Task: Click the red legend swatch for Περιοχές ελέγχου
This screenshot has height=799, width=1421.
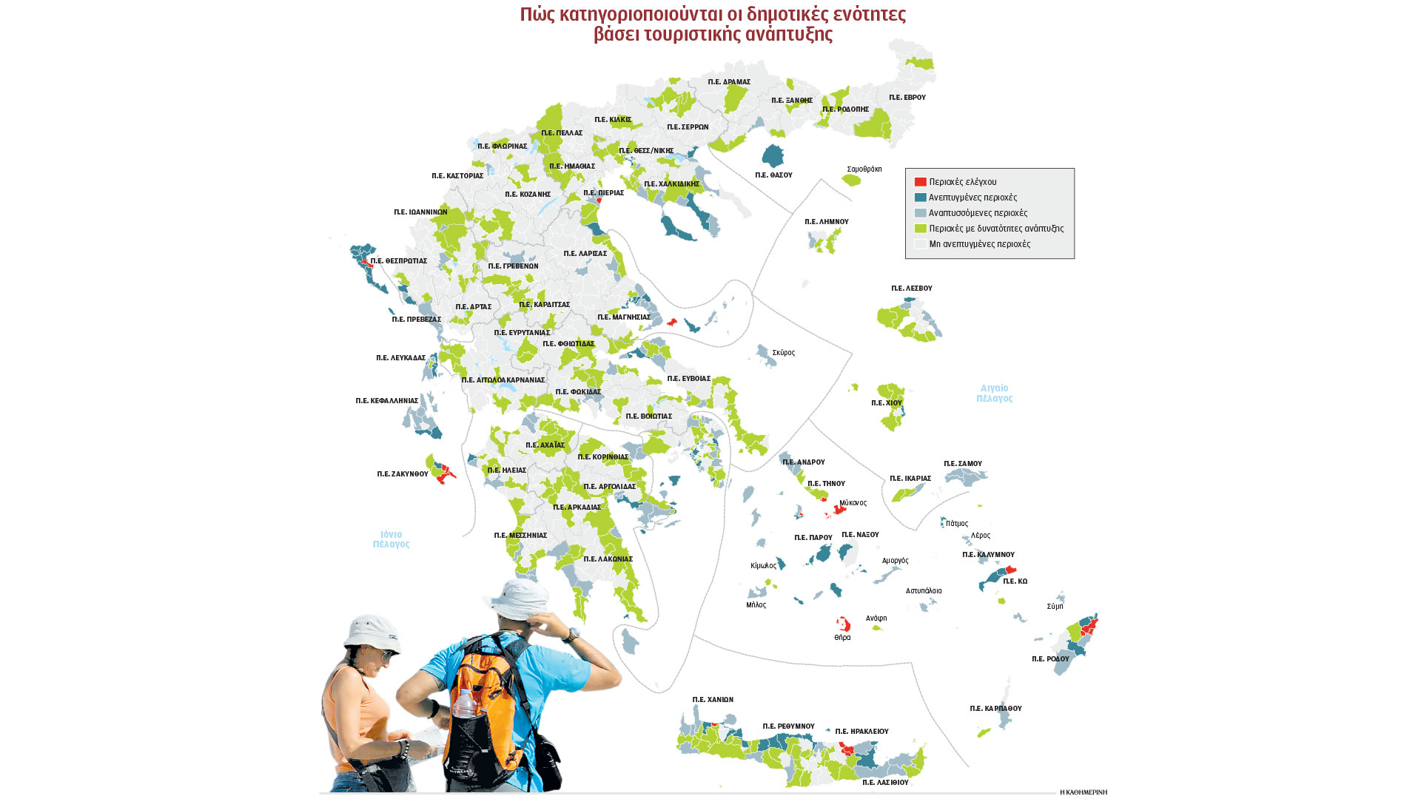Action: coord(920,182)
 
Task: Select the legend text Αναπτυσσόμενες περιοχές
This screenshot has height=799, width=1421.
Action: coord(978,213)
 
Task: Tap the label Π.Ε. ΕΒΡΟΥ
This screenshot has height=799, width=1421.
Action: coord(907,98)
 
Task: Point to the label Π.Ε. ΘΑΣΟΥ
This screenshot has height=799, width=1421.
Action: coord(773,175)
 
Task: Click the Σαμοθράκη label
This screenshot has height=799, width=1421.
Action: coord(864,169)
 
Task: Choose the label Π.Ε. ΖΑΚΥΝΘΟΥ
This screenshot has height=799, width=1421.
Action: coord(403,474)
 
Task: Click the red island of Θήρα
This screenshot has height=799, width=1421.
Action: coord(843,624)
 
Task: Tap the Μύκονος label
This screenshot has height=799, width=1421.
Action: coord(853,503)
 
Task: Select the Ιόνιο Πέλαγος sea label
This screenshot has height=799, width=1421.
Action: coord(391,539)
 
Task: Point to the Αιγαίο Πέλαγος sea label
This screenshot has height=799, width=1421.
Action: coord(994,393)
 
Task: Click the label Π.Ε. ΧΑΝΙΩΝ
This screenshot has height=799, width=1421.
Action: coord(713,700)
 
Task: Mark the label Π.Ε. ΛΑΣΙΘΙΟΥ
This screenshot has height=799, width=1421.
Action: coord(885,782)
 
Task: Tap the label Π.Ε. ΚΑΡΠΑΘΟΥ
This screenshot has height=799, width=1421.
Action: coord(995,709)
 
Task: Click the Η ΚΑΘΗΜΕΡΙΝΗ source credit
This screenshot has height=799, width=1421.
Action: coord(1083,792)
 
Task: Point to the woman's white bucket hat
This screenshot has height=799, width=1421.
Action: coord(372,633)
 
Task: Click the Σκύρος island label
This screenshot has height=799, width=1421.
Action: coord(783,353)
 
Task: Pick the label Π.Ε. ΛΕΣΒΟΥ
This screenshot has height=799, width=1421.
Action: coord(911,289)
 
